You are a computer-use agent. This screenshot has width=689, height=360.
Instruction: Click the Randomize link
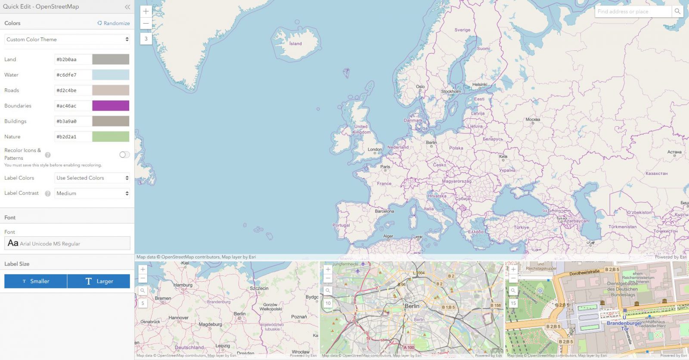tap(114, 23)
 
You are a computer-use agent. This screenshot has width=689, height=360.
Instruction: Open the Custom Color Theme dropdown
tap(67, 39)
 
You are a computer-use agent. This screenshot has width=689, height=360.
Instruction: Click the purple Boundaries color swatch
tap(111, 106)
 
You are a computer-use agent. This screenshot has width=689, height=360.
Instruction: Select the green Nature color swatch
tap(111, 137)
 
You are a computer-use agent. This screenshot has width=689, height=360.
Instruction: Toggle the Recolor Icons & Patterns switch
tap(124, 155)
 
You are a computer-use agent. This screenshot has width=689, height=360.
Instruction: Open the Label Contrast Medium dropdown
tap(92, 193)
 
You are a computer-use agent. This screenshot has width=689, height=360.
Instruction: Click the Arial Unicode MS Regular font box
tap(67, 243)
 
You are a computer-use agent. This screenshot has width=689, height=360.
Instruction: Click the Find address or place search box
tap(633, 12)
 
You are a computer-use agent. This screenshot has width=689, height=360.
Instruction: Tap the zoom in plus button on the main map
tap(146, 12)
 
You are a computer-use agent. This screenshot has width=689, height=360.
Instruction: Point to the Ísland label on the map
tap(295, 43)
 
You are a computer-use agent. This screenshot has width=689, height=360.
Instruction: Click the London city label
tap(375, 149)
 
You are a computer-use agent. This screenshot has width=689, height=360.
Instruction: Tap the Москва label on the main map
tap(533, 119)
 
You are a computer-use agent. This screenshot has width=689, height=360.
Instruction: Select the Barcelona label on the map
tap(384, 211)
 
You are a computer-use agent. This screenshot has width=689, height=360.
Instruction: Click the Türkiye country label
tap(521, 227)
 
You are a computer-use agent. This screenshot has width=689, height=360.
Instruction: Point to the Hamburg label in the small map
tap(183, 285)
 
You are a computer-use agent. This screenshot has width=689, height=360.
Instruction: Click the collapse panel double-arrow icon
tap(127, 7)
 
